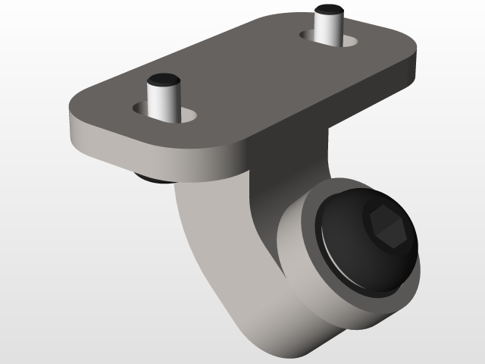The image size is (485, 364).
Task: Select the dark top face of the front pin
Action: point(164,79)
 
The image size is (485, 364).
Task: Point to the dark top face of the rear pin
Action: point(328,11)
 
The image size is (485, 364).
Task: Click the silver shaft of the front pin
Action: point(164,103)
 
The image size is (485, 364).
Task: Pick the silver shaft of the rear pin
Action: point(327,29)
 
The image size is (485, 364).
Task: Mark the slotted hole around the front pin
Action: point(188,115)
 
